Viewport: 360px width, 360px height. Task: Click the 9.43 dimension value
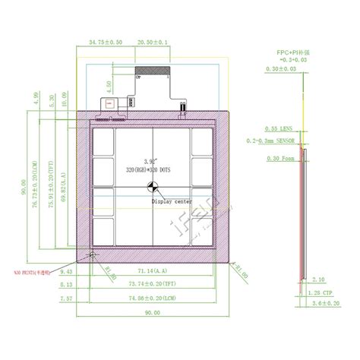[65, 270]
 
